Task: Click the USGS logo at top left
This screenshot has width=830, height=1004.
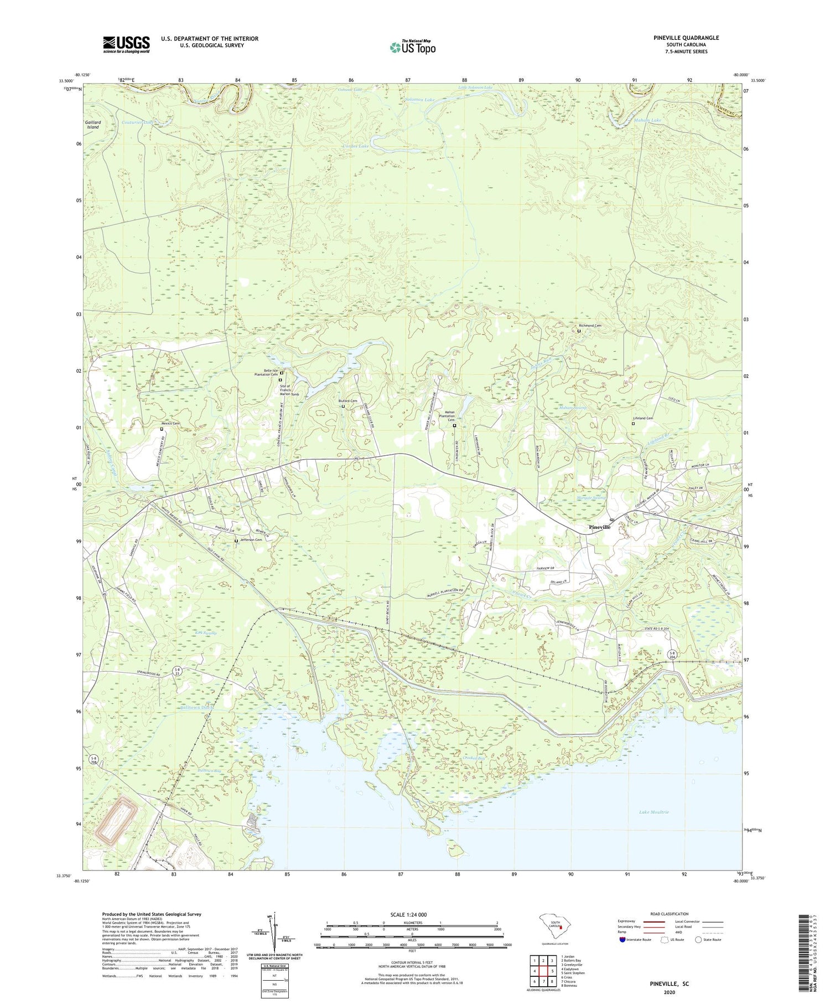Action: click(x=126, y=44)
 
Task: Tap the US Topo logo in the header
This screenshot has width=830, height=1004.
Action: click(x=412, y=47)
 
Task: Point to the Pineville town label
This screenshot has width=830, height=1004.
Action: click(x=599, y=527)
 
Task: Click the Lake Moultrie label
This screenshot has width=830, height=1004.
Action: click(x=653, y=812)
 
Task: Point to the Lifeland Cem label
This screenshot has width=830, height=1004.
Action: click(x=643, y=418)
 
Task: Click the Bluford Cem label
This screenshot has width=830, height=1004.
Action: click(x=347, y=401)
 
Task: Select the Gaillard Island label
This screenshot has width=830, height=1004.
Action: click(x=92, y=125)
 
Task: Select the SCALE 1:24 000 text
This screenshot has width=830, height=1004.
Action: click(x=408, y=914)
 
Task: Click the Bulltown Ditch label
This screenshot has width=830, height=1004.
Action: click(x=196, y=707)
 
